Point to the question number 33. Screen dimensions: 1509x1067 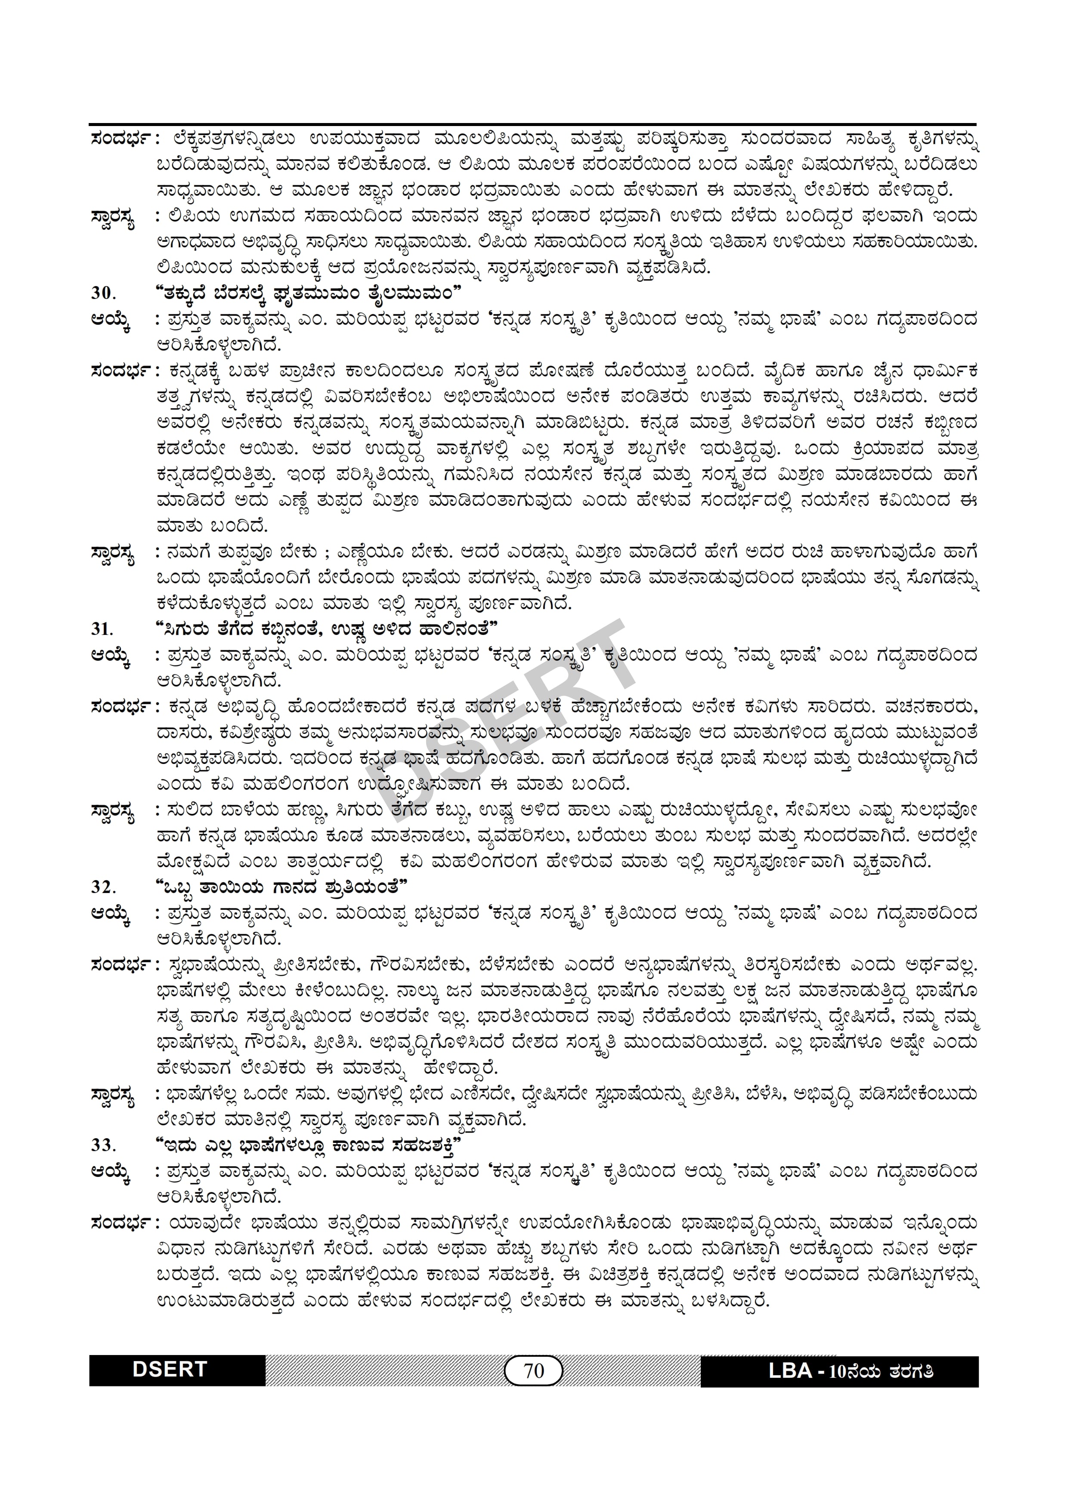103,1145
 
